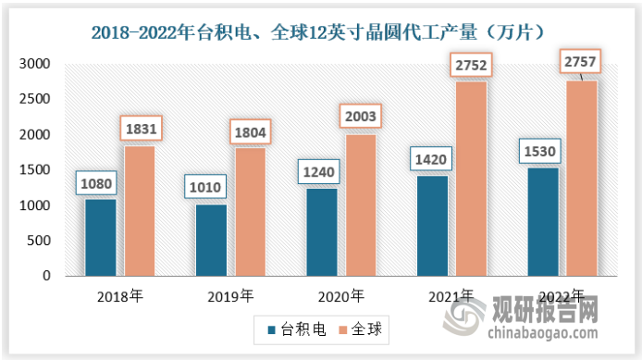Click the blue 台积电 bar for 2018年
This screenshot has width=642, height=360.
tap(101, 238)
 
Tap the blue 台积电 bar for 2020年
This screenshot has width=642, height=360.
tap(321, 232)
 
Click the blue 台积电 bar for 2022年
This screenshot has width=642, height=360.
tap(542, 222)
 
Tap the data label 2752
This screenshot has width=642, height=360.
tap(470, 65)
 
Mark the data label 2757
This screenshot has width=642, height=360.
tap(581, 63)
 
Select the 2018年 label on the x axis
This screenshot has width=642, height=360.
tap(119, 296)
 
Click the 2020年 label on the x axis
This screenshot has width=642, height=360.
tap(340, 296)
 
